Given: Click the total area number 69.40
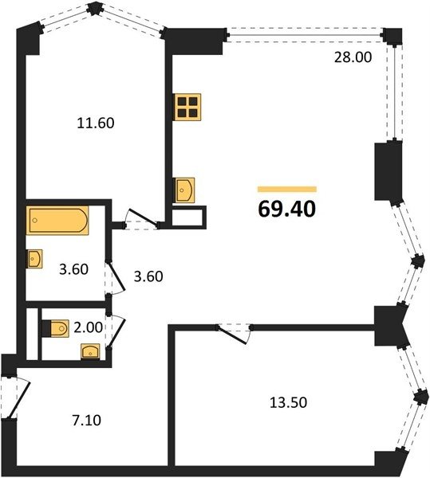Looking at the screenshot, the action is [x=287, y=210].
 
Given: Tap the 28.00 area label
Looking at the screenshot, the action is [x=353, y=57].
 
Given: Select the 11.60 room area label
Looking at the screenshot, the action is [x=96, y=123].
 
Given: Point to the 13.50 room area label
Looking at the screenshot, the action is [x=288, y=402].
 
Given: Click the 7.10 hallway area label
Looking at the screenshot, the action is [x=86, y=421].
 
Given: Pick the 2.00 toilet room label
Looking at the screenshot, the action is [x=89, y=327].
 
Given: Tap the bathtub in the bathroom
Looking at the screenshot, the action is [x=57, y=221].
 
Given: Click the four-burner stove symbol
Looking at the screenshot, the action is [x=187, y=107].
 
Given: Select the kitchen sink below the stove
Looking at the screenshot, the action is [x=184, y=190].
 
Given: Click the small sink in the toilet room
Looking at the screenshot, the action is [x=90, y=351].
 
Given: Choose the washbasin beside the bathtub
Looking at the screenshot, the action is [x=34, y=259].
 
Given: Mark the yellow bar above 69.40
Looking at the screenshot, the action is [x=287, y=190].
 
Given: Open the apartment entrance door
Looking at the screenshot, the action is [x=18, y=398].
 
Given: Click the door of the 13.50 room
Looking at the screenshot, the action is [x=234, y=335].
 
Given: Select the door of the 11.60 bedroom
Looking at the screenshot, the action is [x=143, y=218].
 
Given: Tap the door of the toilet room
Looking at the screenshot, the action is [x=116, y=331].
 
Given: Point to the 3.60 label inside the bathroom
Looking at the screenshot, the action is [x=74, y=269].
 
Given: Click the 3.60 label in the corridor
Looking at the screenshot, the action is [x=148, y=276].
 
